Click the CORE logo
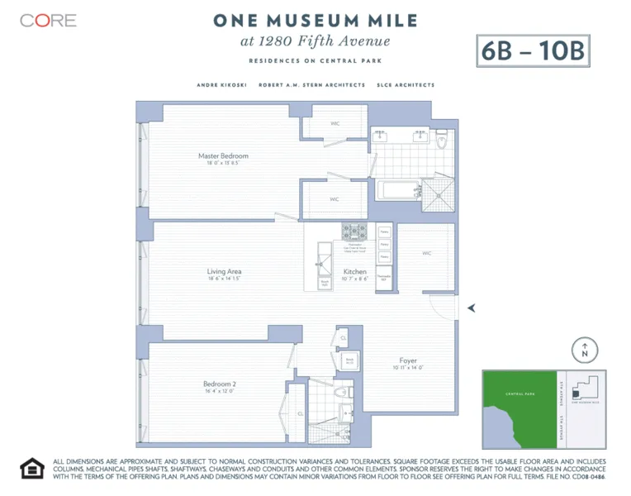tap(48, 21)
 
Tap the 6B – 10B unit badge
tap(533, 51)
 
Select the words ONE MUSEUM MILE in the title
tap(315, 20)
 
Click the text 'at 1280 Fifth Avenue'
tap(315, 41)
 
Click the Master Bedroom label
tap(223, 156)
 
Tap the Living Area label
tap(224, 271)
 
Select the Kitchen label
tap(355, 272)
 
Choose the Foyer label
tap(408, 360)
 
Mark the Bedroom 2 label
tap(220, 384)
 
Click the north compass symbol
tap(585, 351)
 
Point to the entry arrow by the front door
tap(472, 308)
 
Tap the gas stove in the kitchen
tap(355, 231)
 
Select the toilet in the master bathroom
tap(443, 141)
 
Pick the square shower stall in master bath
tap(439, 191)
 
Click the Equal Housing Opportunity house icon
tap(31, 469)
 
